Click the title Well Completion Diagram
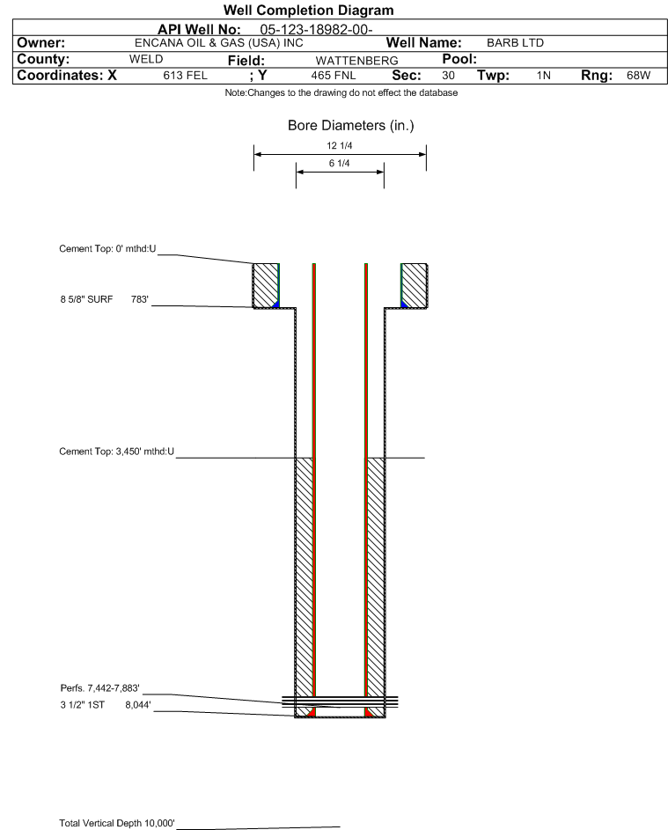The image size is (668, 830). point(309,10)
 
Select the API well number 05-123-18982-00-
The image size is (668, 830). point(317,30)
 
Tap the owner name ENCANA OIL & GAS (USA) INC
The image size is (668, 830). point(219,43)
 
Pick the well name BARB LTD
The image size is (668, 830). point(515,43)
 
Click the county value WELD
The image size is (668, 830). point(146,59)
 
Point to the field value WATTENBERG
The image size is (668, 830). point(356,61)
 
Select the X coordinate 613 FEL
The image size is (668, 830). point(185,76)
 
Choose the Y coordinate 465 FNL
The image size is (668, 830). point(334,76)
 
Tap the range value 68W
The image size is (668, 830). point(638,75)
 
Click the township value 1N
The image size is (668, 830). point(544,76)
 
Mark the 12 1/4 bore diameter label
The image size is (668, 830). point(340,145)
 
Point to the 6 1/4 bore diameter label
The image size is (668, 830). point(340,163)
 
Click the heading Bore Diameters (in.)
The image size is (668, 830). point(351,126)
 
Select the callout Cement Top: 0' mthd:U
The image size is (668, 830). point(107,249)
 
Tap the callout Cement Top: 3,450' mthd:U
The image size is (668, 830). point(116,452)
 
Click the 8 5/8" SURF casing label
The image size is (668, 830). point(86,299)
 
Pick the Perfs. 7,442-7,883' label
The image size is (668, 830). point(100,688)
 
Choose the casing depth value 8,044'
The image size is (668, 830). point(138,705)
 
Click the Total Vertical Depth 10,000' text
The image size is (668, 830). point(117,823)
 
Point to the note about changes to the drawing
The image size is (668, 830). point(341,92)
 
